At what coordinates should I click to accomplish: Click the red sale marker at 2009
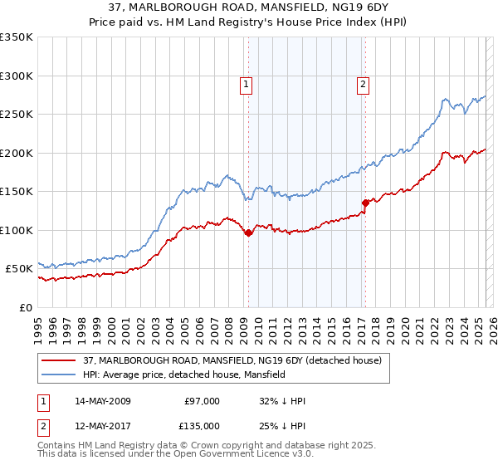(x=248, y=233)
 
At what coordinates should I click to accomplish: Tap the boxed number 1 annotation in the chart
(x=247, y=83)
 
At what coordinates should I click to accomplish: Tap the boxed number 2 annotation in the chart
(x=364, y=83)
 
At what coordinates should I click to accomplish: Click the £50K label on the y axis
(x=20, y=269)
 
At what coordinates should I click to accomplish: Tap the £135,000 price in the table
(x=202, y=425)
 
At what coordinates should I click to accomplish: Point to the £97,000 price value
(x=202, y=400)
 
